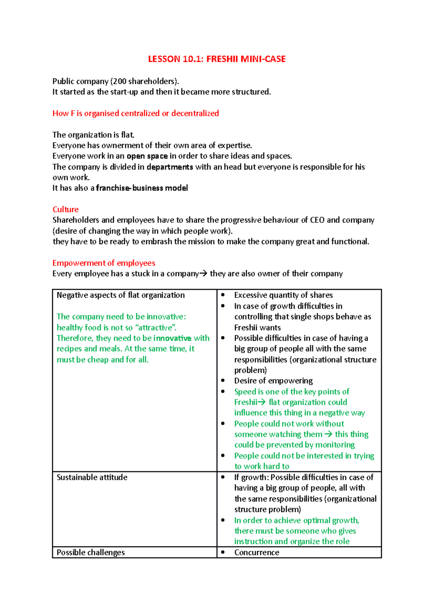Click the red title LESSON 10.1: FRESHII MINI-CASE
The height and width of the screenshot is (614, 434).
tap(217, 59)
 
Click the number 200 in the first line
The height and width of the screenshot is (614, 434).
tap(119, 81)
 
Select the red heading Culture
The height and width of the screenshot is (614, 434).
tap(65, 209)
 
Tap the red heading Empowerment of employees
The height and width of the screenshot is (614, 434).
tap(104, 263)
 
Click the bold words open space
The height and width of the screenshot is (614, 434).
tap(147, 156)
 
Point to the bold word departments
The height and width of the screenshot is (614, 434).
tap(170, 167)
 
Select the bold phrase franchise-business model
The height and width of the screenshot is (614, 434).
tap(142, 188)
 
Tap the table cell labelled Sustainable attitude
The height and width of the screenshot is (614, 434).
tap(92, 477)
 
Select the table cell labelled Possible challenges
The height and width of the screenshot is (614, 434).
tap(91, 552)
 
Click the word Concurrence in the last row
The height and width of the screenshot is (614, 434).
tap(257, 552)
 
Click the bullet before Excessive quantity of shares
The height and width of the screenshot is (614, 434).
tap(223, 295)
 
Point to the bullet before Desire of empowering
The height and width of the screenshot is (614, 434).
tap(223, 381)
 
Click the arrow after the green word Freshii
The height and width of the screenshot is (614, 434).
tap(262, 402)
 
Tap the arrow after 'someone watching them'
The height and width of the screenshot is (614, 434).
tap(328, 434)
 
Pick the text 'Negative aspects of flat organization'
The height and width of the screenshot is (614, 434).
tap(121, 295)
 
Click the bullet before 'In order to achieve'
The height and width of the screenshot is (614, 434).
tap(223, 520)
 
